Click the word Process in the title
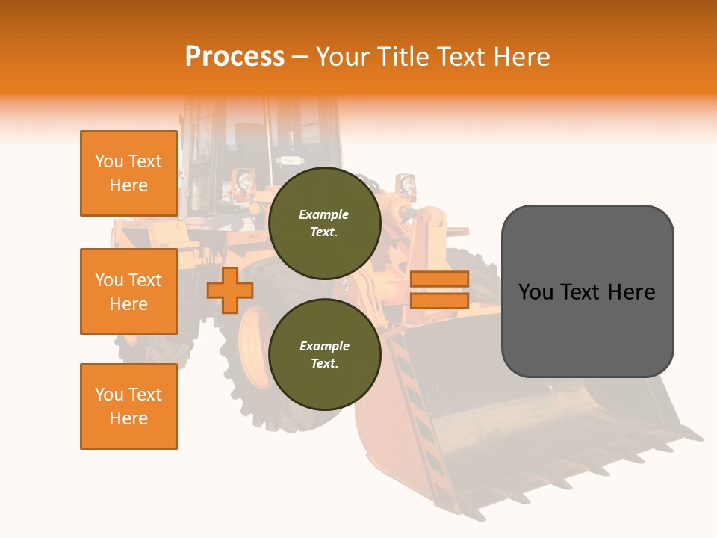click(x=235, y=57)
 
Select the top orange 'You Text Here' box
click(x=128, y=173)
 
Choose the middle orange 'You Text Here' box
click(x=128, y=291)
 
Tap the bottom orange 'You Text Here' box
click(x=128, y=406)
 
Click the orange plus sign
click(x=230, y=290)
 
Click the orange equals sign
click(x=439, y=290)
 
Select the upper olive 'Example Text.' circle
click(x=324, y=223)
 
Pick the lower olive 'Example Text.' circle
click(x=324, y=355)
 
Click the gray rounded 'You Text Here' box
click(x=587, y=291)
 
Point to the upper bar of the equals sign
click(x=439, y=279)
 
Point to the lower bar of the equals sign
click(x=439, y=301)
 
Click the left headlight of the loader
click(x=243, y=180)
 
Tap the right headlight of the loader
click(x=407, y=184)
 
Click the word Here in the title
click(x=521, y=57)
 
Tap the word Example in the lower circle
click(x=324, y=346)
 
